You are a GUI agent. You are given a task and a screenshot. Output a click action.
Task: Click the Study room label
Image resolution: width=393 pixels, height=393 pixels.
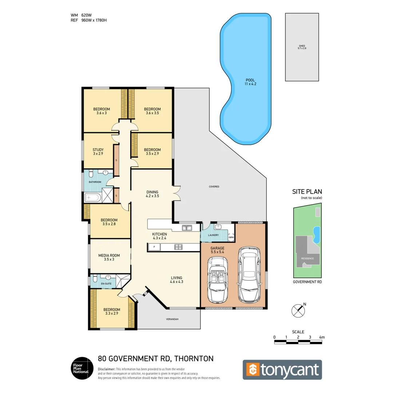click(x=98, y=151)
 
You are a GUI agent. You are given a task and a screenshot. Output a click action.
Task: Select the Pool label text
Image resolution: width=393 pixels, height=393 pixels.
click(x=250, y=82)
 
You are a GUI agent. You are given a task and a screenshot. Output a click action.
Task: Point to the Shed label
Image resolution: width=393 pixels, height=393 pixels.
click(x=302, y=47)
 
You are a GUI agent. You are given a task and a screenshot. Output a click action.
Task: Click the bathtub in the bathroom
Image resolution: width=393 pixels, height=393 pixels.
click(x=92, y=198)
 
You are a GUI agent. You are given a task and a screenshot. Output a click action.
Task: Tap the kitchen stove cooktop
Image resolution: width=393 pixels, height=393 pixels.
click(x=178, y=247)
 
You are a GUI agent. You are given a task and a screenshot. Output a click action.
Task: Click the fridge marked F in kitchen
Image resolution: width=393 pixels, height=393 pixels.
click(x=154, y=247)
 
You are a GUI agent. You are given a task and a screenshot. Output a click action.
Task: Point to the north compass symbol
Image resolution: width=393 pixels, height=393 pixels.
click(x=298, y=310)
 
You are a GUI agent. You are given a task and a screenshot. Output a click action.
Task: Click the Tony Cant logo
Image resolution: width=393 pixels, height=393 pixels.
click(x=282, y=370)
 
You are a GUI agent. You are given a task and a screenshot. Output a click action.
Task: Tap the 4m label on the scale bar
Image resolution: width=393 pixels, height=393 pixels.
click(x=321, y=337)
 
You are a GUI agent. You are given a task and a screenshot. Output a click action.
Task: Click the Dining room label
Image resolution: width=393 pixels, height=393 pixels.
click(x=152, y=194)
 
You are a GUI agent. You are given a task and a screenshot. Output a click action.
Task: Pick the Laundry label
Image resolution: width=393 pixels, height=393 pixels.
click(x=213, y=235)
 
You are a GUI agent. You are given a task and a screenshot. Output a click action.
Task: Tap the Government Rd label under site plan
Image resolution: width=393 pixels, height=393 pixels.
click(x=307, y=282)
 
